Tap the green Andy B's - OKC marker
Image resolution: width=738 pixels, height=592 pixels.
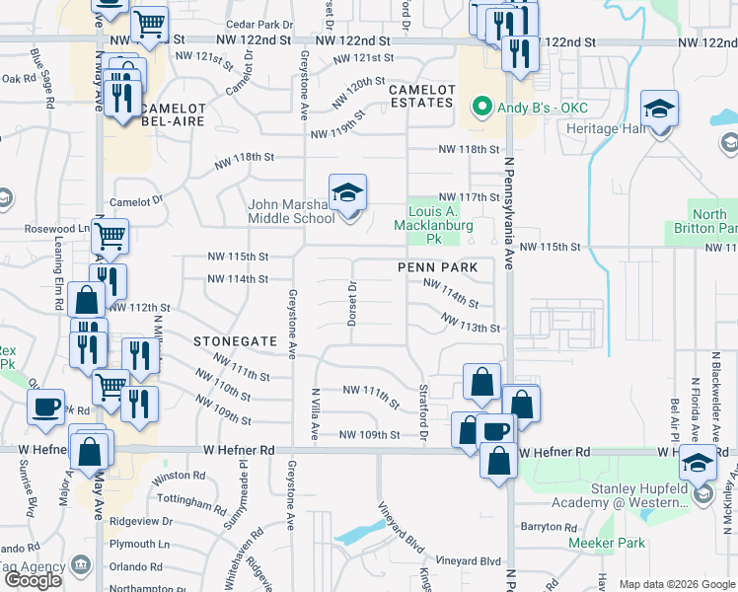point(482,105)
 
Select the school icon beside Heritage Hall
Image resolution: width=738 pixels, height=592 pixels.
point(660,110)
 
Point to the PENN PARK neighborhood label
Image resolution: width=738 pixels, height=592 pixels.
point(438,267)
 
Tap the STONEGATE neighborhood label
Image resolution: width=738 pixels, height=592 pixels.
point(236,340)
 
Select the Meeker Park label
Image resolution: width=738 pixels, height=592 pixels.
point(607,543)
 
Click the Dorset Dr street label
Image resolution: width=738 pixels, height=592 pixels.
point(351,303)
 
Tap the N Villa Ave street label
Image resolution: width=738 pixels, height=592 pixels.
point(315,406)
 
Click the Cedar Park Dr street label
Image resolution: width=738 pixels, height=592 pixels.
point(260,23)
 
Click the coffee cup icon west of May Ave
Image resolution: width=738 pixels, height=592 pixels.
point(45,407)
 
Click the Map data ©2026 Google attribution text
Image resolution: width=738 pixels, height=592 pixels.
point(676,584)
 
